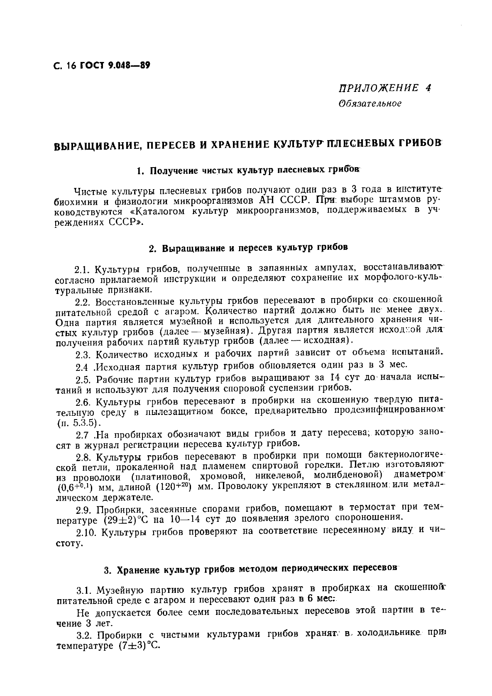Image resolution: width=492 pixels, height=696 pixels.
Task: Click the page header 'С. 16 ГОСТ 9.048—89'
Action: tap(102, 66)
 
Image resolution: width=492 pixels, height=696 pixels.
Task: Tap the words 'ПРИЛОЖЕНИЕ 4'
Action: tap(385, 88)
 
